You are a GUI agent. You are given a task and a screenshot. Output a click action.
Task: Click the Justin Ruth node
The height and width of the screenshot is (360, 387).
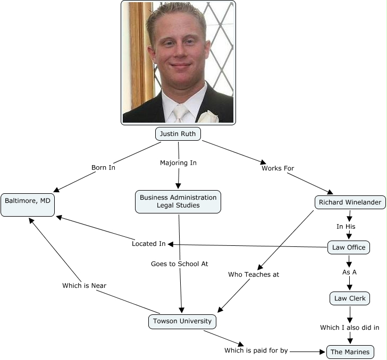point(178,134)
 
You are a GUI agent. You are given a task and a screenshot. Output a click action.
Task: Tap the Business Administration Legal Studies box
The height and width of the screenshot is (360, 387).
point(178,201)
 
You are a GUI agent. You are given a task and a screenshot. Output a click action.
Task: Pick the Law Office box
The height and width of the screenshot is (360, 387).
point(349,247)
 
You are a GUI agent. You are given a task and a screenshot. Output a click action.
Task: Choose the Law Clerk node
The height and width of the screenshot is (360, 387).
point(349,298)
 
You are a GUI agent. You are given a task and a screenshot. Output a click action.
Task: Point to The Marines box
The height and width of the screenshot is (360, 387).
point(349,352)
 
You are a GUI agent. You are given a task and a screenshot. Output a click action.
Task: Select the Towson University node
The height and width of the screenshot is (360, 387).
point(182,321)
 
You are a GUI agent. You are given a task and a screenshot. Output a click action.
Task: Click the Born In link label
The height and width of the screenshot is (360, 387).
point(103,167)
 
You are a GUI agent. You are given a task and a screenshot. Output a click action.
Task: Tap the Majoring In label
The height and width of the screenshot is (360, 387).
point(178,162)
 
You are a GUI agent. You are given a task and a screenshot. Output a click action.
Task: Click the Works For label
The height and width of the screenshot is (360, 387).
point(277,168)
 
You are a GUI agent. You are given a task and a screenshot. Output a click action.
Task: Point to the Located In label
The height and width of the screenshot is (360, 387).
point(148,244)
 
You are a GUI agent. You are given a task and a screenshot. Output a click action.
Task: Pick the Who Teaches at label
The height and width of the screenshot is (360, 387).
point(253,275)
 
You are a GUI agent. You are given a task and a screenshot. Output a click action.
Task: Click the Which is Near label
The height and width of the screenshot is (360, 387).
point(84,286)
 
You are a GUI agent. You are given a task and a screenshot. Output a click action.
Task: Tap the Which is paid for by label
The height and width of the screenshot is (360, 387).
point(256,350)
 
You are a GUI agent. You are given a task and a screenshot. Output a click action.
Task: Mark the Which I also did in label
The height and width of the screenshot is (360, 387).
point(349,328)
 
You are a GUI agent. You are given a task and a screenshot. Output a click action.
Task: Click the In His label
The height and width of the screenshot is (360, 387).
point(346,226)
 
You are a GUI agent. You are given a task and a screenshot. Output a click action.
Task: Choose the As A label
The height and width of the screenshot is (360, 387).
point(349,272)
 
